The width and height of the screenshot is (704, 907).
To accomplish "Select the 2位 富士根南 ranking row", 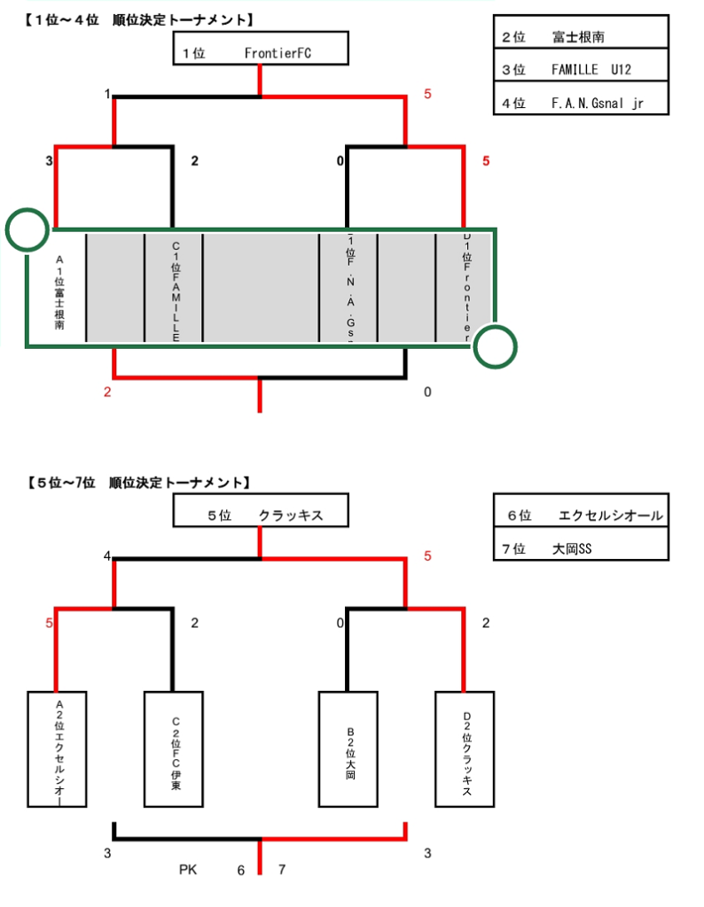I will [x=580, y=37].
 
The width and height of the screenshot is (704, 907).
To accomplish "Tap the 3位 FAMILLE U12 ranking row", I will [x=580, y=70].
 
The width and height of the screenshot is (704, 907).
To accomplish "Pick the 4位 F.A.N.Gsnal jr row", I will [x=580, y=103].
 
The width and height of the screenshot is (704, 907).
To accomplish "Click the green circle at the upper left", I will [x=27, y=229].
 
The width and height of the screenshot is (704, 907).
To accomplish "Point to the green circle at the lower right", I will [x=495, y=345].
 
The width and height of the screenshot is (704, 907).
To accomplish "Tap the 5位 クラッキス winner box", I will [x=260, y=512].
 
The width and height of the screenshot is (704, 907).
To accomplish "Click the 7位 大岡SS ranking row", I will [x=580, y=548].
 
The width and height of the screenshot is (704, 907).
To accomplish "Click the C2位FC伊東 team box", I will [x=175, y=749].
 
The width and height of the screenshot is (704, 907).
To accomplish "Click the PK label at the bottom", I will [x=188, y=871].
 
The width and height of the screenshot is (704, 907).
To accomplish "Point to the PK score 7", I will [x=282, y=871].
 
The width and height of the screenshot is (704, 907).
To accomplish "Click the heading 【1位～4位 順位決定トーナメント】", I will [x=134, y=19].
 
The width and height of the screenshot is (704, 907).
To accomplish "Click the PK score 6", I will [x=240, y=871].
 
